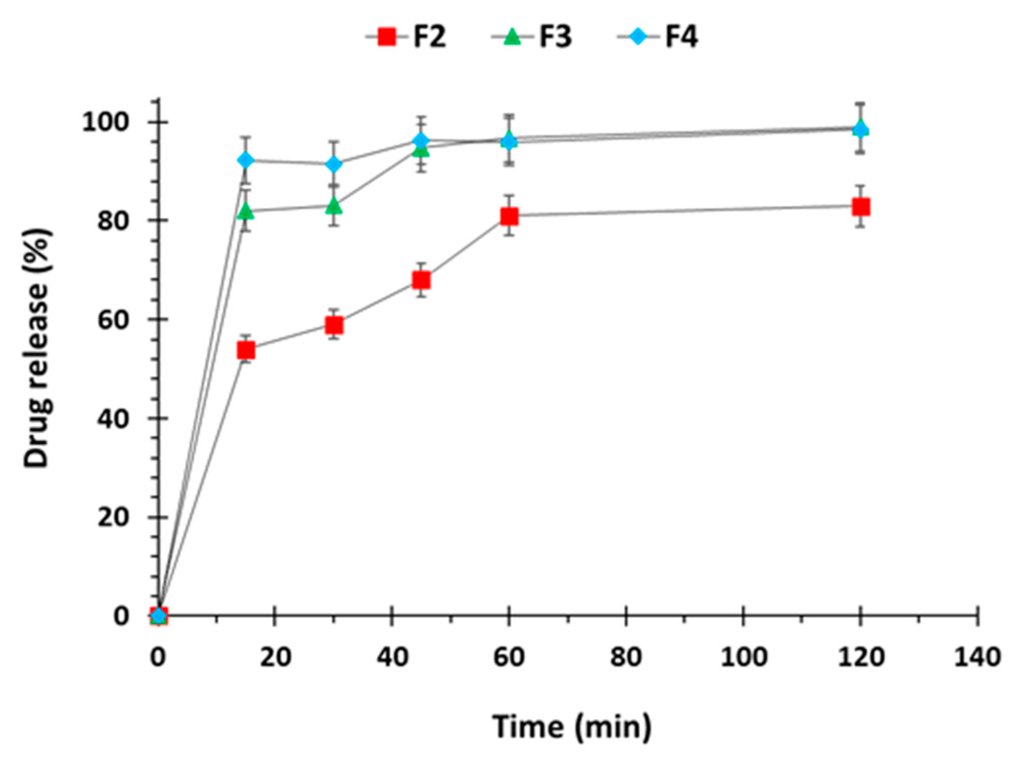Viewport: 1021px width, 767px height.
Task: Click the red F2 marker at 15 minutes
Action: [246, 350]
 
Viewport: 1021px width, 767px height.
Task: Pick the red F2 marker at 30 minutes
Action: [334, 325]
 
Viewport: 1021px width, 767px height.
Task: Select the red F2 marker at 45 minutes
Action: [421, 281]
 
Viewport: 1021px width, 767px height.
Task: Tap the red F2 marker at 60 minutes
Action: [509, 216]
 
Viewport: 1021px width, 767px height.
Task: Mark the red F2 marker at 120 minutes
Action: [861, 207]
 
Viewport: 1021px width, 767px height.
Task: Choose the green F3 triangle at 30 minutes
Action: [334, 205]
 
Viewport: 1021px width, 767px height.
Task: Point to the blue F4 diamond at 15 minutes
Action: [246, 160]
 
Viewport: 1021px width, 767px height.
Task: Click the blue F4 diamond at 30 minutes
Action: [334, 164]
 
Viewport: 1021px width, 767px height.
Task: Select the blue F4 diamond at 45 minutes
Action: [421, 141]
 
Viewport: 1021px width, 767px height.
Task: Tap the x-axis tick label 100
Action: [743, 658]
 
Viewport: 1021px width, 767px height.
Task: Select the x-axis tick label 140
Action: [977, 658]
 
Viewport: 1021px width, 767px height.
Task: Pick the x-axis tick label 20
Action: [276, 658]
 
